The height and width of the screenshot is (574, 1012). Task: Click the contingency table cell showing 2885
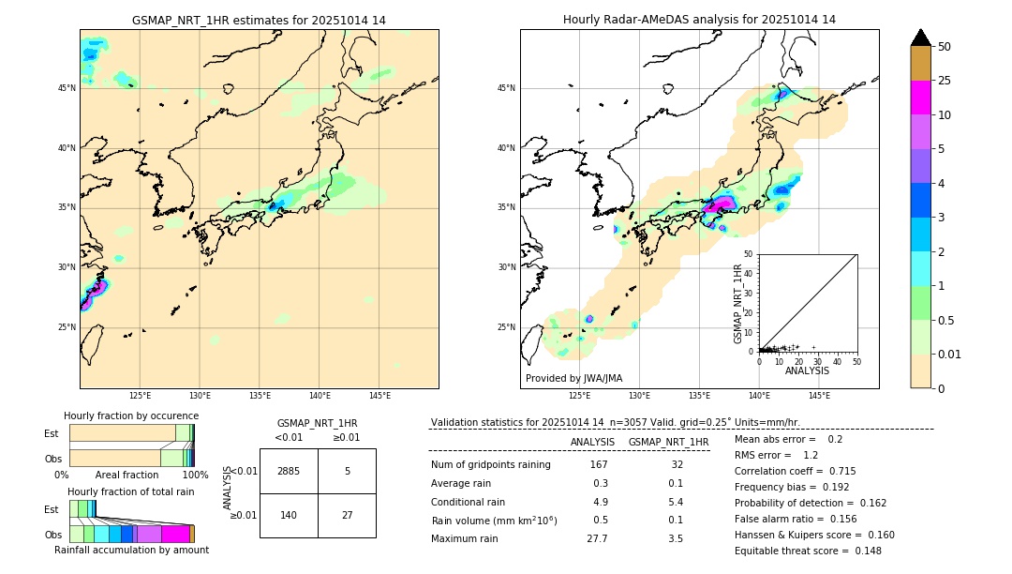coord(289,471)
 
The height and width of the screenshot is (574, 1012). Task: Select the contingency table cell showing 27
coord(347,515)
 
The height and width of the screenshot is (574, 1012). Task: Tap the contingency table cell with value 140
coord(289,515)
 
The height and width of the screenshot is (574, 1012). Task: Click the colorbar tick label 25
coord(945,81)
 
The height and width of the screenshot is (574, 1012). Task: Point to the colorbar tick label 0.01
coord(950,354)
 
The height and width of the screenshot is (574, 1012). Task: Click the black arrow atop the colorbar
coord(921,38)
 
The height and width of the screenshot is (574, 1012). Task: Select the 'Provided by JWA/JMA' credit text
coord(573,378)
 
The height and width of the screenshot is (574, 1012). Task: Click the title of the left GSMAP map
coord(259,20)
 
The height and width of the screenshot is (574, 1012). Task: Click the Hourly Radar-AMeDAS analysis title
coord(699,20)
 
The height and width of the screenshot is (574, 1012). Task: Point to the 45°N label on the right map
coord(506,88)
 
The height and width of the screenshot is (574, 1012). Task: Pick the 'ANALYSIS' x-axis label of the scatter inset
coord(807,371)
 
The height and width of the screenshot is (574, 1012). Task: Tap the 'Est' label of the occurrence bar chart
coord(51,433)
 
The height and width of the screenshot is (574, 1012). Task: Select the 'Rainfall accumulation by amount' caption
coord(131,550)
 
